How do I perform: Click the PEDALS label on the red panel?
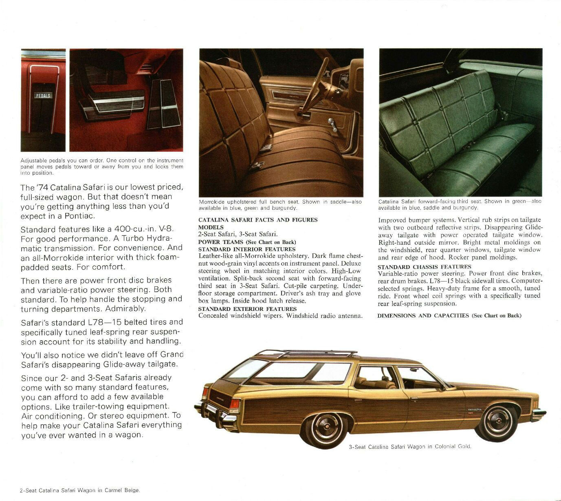click(x=43, y=95)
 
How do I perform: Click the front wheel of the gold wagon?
click(x=497, y=422)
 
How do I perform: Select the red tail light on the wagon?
click(x=234, y=404)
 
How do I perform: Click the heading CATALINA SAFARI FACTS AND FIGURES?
click(x=257, y=220)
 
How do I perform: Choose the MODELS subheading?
click(x=211, y=227)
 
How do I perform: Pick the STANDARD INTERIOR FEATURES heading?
click(x=246, y=249)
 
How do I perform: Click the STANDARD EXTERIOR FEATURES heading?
click(x=247, y=309)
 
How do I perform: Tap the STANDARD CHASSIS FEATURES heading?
click(x=424, y=267)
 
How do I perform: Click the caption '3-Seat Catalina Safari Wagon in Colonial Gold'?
click(x=410, y=447)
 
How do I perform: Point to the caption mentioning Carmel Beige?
click(x=79, y=490)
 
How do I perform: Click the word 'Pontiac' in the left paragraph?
click(x=81, y=216)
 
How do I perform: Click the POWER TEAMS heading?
click(x=220, y=242)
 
